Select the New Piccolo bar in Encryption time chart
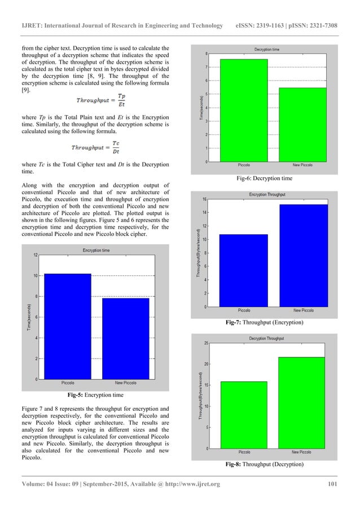point(125,339)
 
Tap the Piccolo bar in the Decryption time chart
point(244,111)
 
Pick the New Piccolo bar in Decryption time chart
point(303,125)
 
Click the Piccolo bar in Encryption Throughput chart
point(244,270)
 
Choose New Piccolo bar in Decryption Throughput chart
point(304,403)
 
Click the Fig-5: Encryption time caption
point(95,395)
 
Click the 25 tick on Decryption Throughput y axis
point(208,343)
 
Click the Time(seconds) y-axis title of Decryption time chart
point(200,107)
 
